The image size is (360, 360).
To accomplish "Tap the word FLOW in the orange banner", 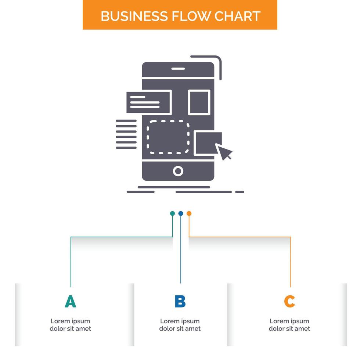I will point(190,16).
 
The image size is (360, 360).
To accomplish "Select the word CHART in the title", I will point(238,16).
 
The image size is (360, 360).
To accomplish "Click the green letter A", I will point(70,302).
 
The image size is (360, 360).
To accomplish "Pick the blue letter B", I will point(180,302).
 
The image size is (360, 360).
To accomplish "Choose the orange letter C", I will point(289,302).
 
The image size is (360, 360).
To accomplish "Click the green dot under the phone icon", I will point(172,213).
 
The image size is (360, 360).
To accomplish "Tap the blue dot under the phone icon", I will point(180,213).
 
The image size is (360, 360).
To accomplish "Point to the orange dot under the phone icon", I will point(189,213).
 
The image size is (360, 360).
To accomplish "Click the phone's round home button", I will point(178,171).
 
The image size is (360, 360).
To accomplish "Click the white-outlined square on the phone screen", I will point(199,102).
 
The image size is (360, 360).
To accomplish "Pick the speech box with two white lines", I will point(148,102).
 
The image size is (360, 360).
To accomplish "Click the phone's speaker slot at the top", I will point(178,69).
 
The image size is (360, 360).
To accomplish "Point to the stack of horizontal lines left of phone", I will point(126,134).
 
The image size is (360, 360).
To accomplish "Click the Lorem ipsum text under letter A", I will point(70,325).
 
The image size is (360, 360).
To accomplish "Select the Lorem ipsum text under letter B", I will point(180,325).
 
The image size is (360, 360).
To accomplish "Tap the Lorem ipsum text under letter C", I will point(289,325).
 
